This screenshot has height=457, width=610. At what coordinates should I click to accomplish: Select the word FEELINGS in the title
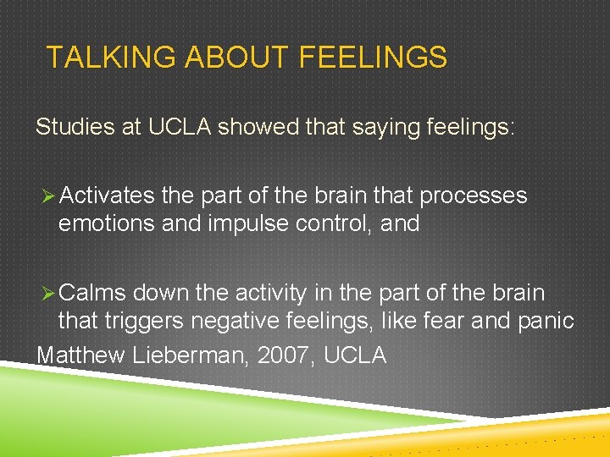[372, 58]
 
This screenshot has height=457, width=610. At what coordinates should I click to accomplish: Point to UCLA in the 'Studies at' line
[180, 128]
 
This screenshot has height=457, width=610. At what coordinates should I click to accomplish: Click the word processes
[474, 197]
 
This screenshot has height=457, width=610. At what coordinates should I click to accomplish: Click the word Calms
[93, 293]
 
